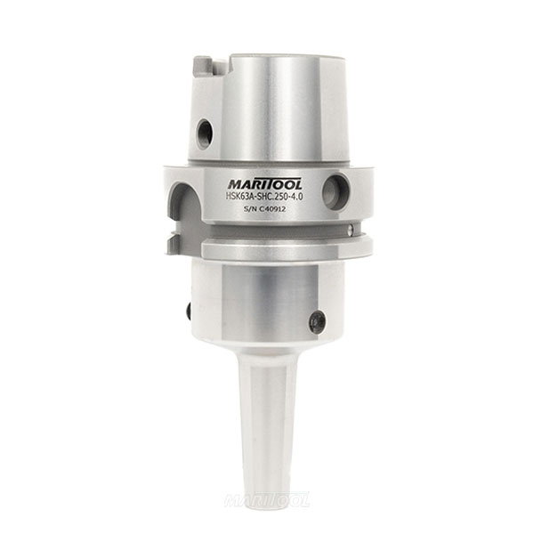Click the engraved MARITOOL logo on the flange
[x=264, y=184]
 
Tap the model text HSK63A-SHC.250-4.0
[x=264, y=197]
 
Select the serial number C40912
[x=272, y=209]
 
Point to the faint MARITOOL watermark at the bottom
[x=267, y=500]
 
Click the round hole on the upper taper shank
[x=205, y=133]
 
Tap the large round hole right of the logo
[x=336, y=191]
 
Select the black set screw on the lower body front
[x=317, y=321]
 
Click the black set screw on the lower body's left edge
[x=189, y=311]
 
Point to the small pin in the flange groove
[x=352, y=230]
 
